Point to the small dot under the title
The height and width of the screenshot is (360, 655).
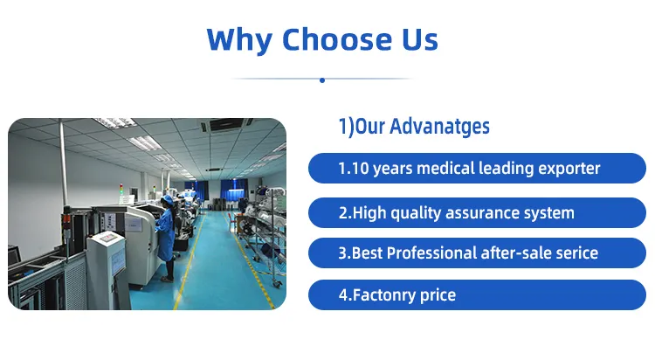tap(322, 80)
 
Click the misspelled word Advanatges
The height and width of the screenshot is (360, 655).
tap(439, 127)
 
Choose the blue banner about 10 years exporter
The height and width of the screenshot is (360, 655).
tap(469, 168)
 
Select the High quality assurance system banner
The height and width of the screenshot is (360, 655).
tap(469, 211)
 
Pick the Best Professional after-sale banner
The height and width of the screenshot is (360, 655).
tap(469, 253)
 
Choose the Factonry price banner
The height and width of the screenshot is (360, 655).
tap(469, 295)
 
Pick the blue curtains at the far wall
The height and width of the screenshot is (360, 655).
tap(234, 188)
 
